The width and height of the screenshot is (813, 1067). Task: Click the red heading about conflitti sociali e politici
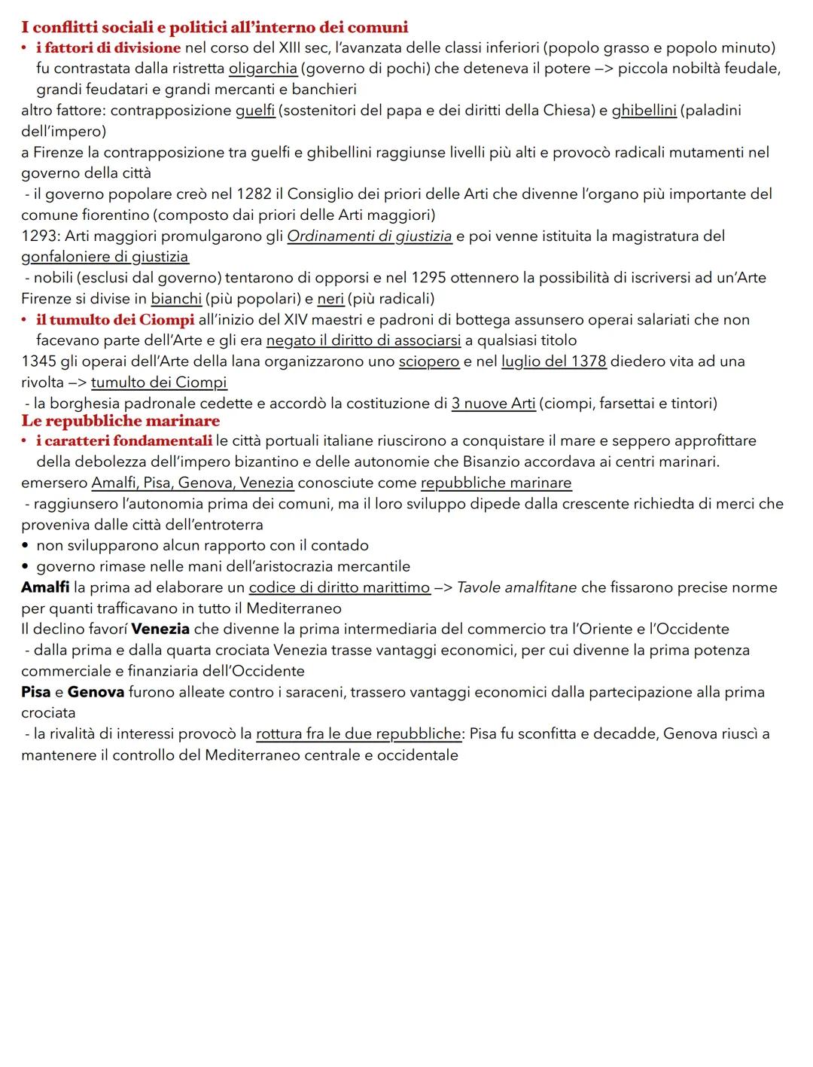(x=215, y=28)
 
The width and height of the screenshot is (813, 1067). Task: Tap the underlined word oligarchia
(x=263, y=69)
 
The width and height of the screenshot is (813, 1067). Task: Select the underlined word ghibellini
(x=644, y=111)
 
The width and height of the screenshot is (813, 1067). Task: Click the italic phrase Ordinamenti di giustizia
(x=370, y=236)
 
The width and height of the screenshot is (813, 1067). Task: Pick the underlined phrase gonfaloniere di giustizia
(x=105, y=257)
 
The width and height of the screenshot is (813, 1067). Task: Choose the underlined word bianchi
(x=176, y=299)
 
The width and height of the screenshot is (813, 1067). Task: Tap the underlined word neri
(x=330, y=299)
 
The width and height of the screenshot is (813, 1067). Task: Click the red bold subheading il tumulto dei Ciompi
(x=115, y=320)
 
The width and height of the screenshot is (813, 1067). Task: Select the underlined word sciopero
(x=428, y=361)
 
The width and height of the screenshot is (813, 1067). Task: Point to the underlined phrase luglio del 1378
(x=553, y=361)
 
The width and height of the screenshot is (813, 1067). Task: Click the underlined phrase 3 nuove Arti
(x=493, y=404)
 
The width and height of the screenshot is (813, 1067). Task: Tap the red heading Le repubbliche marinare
(x=120, y=421)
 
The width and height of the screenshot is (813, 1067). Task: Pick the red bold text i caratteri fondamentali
(x=124, y=441)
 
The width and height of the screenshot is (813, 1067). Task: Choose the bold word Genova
(x=96, y=692)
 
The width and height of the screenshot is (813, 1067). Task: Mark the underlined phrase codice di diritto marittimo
(x=340, y=587)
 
